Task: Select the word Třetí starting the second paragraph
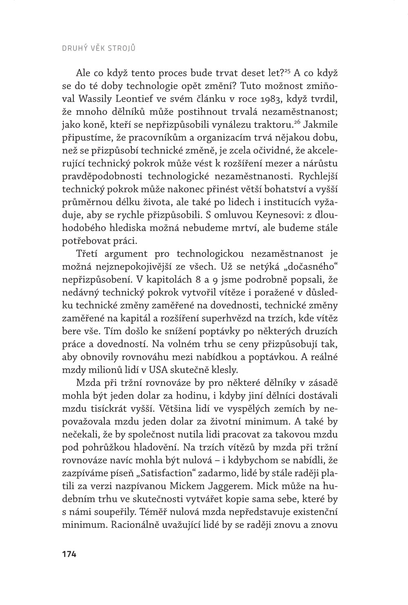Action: point(89,254)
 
